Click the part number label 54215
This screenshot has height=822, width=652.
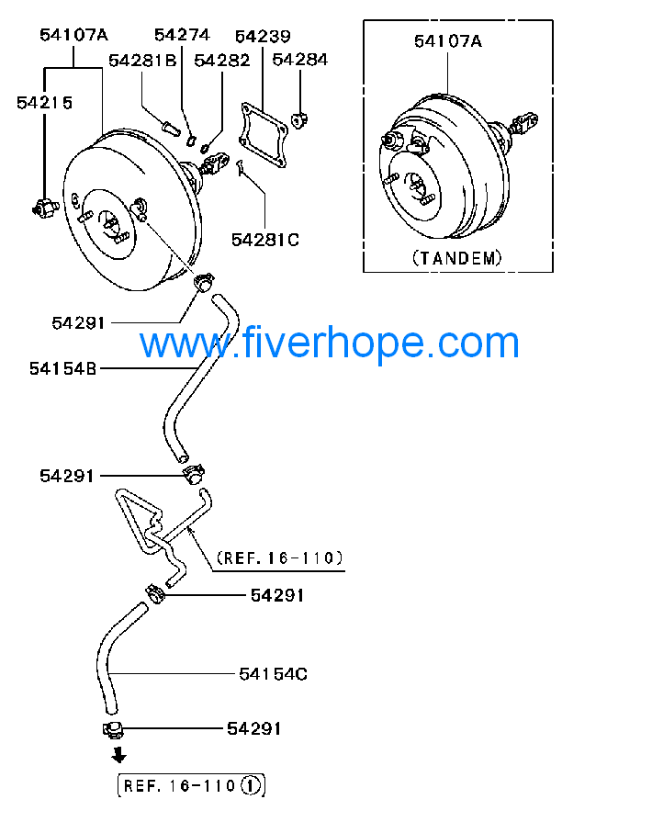click(x=45, y=103)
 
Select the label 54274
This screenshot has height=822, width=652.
click(x=182, y=35)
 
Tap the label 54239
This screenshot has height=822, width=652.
click(x=263, y=36)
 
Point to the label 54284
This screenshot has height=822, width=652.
click(x=299, y=60)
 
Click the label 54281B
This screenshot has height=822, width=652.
click(x=142, y=61)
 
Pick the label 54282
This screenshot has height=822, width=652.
click(x=222, y=61)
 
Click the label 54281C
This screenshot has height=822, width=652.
click(x=265, y=240)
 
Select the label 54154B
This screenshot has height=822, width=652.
click(x=62, y=368)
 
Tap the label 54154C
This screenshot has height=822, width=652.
click(x=273, y=673)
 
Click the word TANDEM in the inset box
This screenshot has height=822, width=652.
click(x=457, y=258)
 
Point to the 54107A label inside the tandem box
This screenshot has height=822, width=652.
click(x=448, y=41)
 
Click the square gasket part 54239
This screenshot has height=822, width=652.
click(x=263, y=135)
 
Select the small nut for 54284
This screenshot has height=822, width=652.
click(x=299, y=120)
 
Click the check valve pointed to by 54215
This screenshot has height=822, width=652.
click(x=45, y=208)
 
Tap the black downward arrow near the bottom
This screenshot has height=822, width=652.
click(x=119, y=755)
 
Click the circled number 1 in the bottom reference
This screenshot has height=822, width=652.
click(x=251, y=786)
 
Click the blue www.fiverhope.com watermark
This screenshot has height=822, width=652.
click(x=329, y=343)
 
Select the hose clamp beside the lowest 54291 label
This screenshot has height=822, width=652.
click(x=113, y=730)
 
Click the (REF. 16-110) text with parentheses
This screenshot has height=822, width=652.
click(x=280, y=557)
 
